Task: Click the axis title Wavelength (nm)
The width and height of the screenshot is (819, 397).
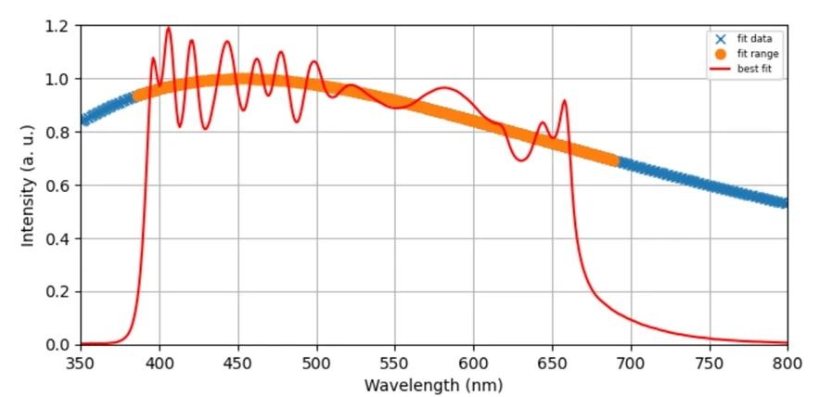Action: click(x=433, y=383)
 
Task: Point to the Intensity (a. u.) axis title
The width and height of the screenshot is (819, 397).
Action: click(x=28, y=186)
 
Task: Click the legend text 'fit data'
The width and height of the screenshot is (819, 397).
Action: click(x=754, y=39)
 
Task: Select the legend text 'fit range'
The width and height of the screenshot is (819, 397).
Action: click(x=757, y=54)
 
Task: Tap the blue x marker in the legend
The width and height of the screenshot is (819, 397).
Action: click(x=720, y=39)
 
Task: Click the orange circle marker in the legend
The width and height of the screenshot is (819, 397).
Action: click(x=720, y=54)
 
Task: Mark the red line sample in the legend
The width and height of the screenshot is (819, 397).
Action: click(x=720, y=69)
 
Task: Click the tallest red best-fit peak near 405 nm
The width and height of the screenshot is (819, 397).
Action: click(x=168, y=28)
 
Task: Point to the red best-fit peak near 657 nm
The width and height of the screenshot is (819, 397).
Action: click(x=564, y=100)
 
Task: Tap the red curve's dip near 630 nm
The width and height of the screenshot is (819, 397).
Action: click(x=521, y=160)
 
